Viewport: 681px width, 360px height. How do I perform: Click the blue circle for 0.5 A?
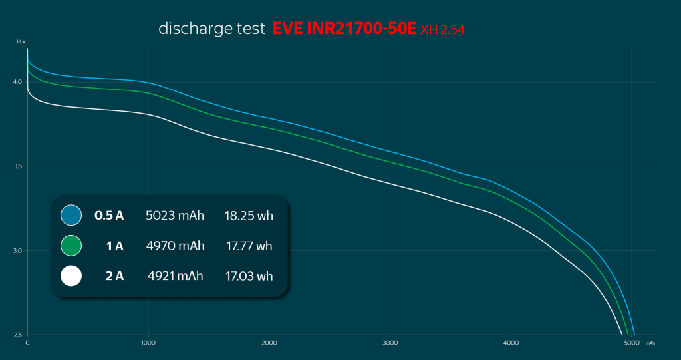click(70, 216)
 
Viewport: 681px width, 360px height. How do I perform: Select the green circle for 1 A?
click(70, 246)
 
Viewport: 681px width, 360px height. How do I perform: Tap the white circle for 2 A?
click(70, 275)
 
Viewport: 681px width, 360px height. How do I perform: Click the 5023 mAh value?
click(175, 216)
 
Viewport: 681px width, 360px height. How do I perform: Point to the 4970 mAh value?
click(175, 246)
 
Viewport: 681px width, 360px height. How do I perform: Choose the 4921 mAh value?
click(175, 275)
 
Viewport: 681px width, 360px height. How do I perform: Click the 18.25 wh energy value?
click(249, 216)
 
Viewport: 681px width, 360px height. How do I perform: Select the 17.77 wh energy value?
click(249, 246)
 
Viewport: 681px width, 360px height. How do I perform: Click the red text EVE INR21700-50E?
click(344, 29)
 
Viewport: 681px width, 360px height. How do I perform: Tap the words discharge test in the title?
click(211, 29)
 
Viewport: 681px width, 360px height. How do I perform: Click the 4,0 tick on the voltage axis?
click(18, 82)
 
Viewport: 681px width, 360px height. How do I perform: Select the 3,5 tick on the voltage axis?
click(18, 166)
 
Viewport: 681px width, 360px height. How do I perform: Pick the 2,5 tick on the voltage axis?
click(18, 335)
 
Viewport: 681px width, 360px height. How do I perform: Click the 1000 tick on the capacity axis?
click(148, 343)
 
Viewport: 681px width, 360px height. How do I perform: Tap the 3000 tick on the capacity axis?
click(390, 343)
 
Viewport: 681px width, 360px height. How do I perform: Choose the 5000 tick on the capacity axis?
click(632, 343)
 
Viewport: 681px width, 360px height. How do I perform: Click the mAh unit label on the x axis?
click(650, 344)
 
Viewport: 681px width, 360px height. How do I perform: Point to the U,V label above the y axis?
click(21, 42)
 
